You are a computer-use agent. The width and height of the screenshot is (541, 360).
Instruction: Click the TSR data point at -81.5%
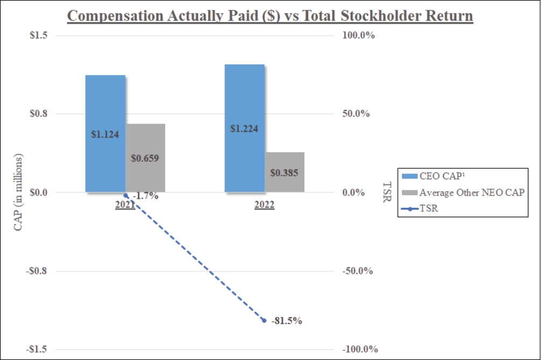tap(264, 320)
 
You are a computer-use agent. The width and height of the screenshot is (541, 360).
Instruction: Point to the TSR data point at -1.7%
tap(126, 195)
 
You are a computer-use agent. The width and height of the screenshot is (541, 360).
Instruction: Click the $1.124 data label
tap(105, 134)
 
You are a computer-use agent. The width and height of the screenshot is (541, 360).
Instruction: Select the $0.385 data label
tap(284, 173)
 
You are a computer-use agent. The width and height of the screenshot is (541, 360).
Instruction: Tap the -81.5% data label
tap(287, 321)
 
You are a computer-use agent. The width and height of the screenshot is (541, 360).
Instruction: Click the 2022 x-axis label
tap(265, 205)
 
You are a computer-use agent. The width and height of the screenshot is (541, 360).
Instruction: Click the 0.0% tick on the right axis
tap(354, 192)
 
